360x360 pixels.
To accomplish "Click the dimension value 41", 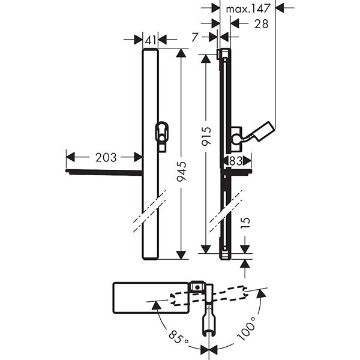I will coord(151,40).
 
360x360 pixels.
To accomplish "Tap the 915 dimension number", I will coord(206,137).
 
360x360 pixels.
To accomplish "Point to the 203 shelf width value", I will coord(106,157).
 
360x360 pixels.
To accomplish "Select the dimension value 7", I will coord(195,37).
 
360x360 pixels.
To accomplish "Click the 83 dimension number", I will coord(235,161).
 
